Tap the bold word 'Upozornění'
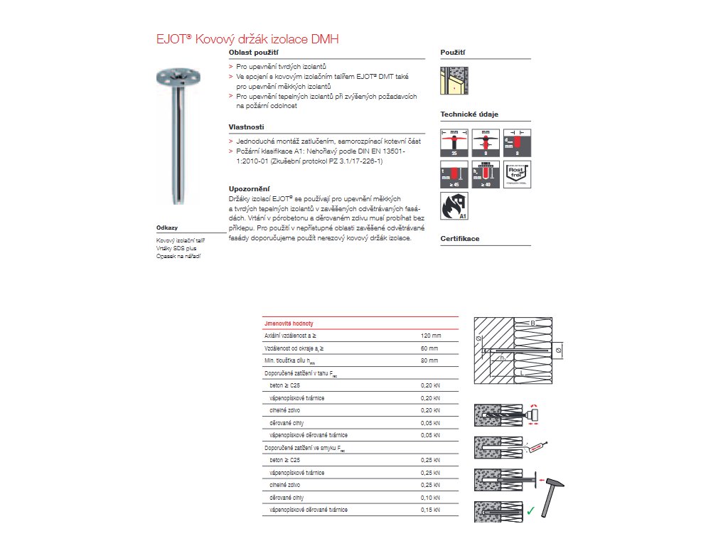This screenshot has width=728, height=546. click(248, 188)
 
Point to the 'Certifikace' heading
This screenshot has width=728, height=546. click(460, 239)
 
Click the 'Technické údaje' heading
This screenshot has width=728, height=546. click(469, 114)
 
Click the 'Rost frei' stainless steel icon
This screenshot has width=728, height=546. click(517, 173)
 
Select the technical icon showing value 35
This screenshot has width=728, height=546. click(454, 142)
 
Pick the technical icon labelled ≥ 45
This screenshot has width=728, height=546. click(454, 173)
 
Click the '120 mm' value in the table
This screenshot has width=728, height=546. click(431, 335)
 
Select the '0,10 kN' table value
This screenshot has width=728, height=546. click(431, 497)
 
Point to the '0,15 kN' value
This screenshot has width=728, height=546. click(431, 510)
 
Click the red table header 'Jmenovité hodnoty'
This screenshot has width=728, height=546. click(289, 322)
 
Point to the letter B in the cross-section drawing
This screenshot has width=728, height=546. click(531, 323)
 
